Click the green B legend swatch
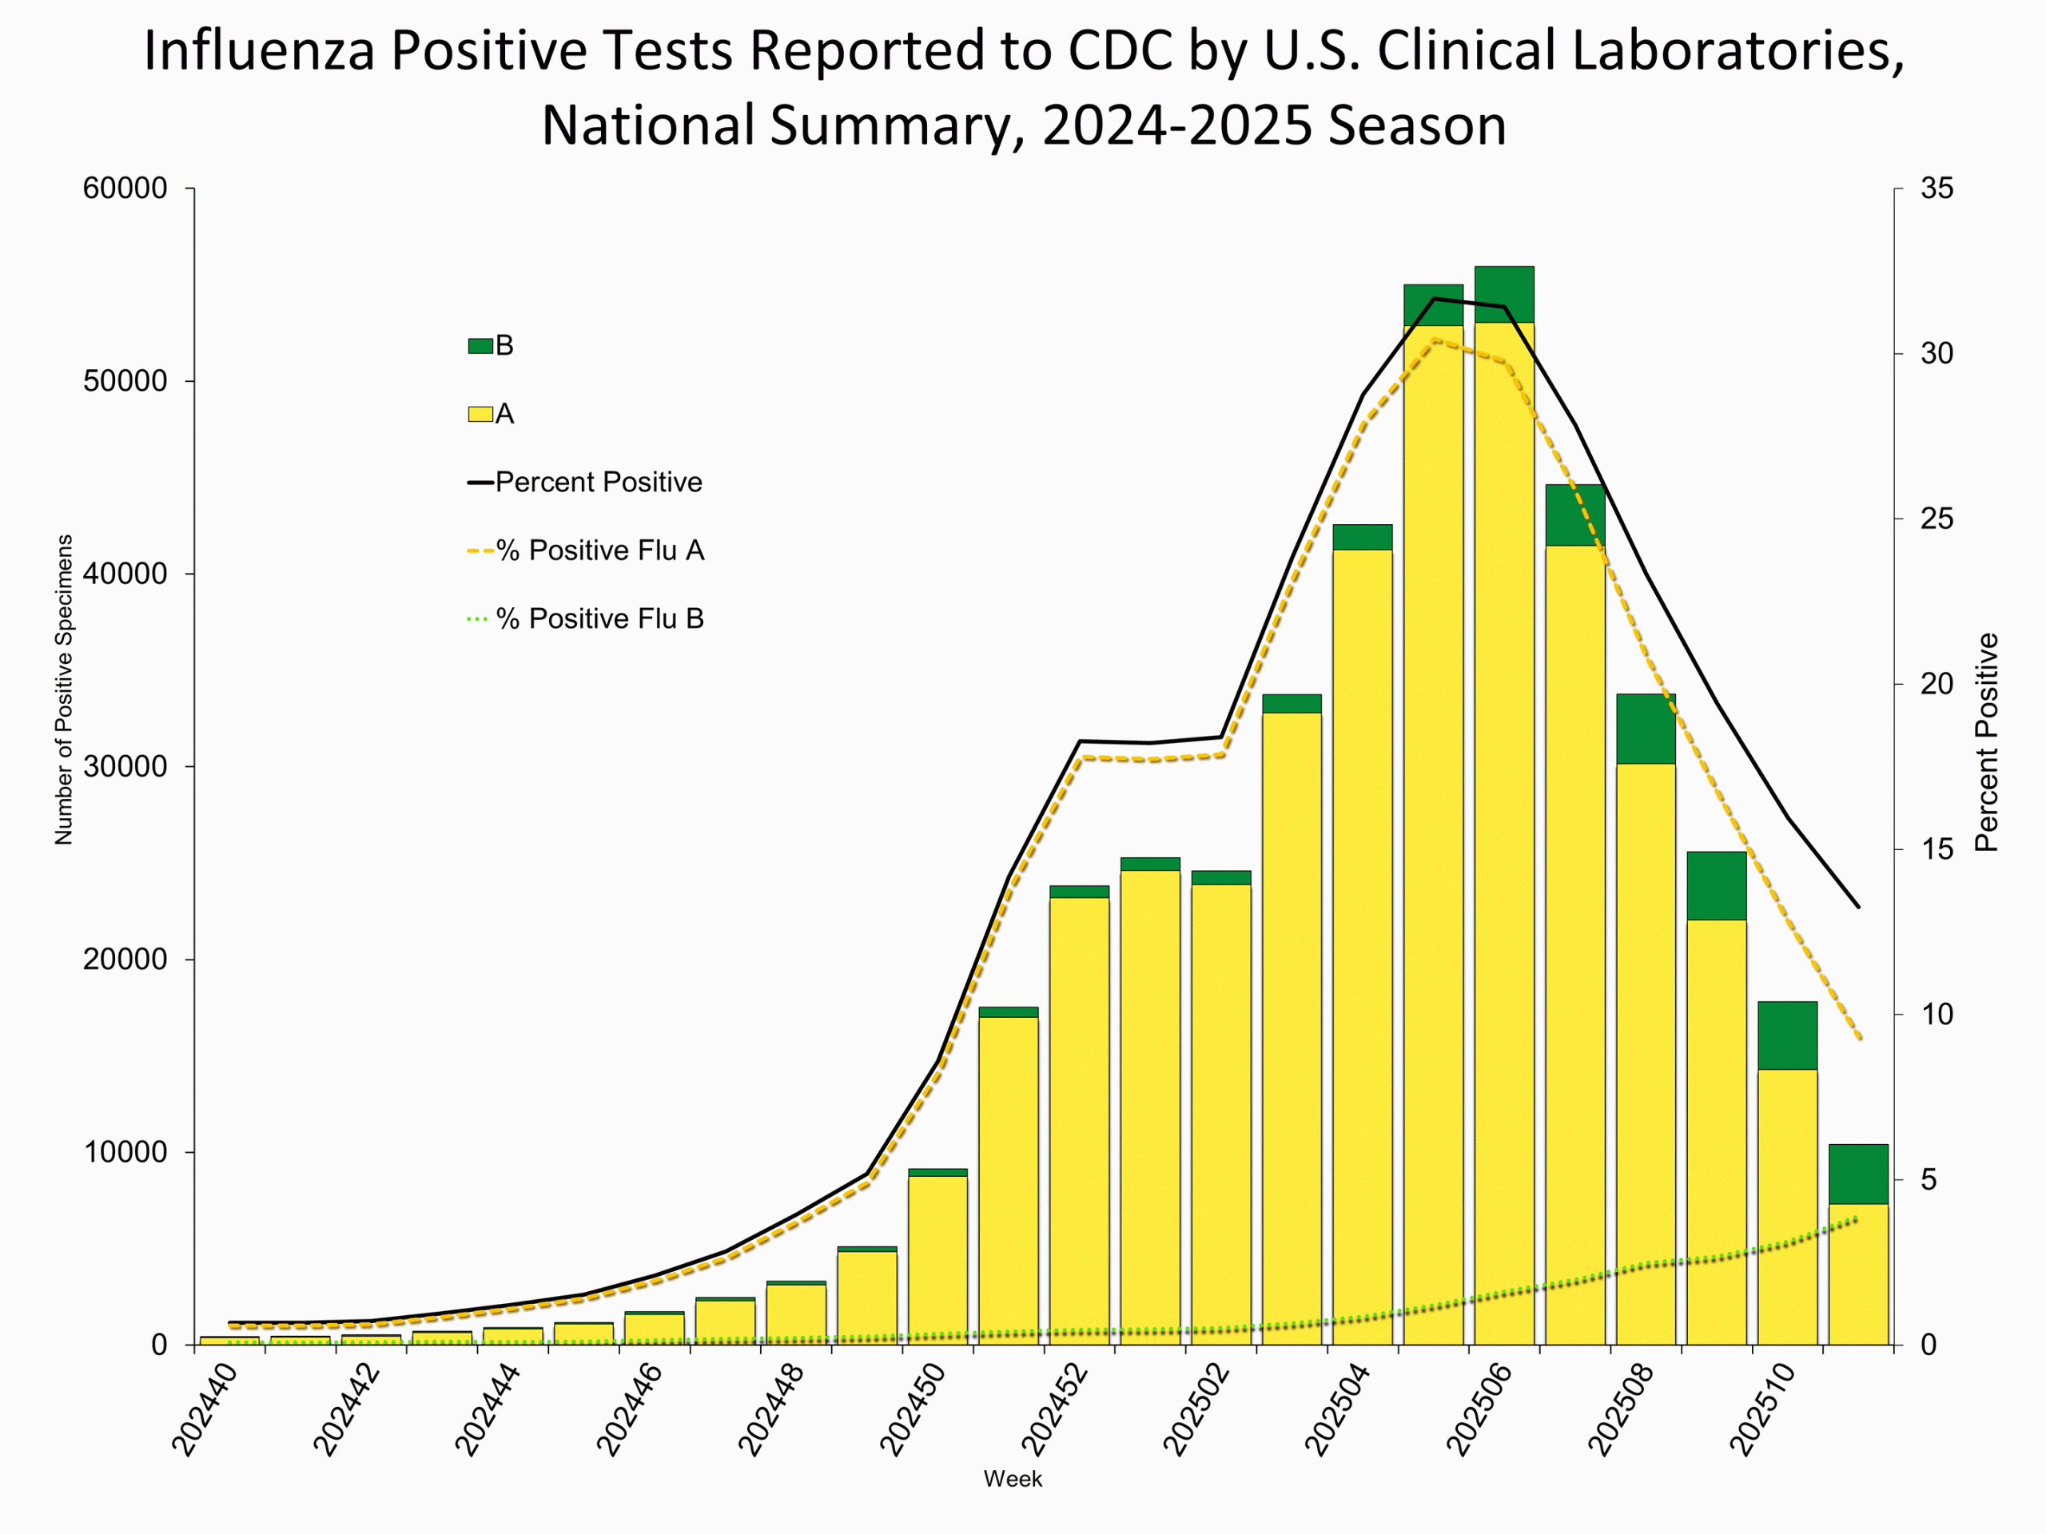[480, 346]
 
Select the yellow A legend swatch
[480, 414]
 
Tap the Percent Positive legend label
[599, 482]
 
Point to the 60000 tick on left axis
[125, 189]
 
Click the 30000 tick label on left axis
[125, 766]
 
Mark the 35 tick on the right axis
[1937, 189]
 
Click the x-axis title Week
[1013, 1479]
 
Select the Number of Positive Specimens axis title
[63, 690]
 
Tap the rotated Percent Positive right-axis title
[1987, 742]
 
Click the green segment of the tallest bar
[1504, 294]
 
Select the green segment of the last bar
[1858, 1174]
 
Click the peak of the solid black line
[1434, 299]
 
